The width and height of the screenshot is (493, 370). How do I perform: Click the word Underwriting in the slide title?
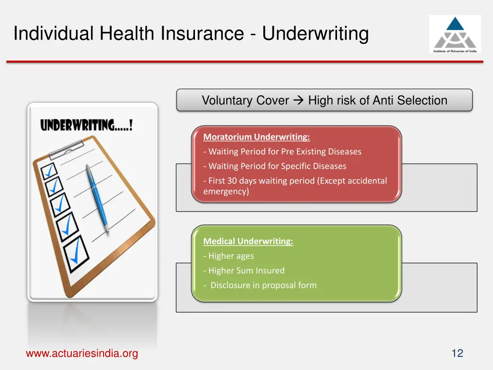pos(315,34)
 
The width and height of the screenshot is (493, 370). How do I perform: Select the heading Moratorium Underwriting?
pos(256,137)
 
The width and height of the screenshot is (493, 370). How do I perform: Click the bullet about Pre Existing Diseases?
pos(282,152)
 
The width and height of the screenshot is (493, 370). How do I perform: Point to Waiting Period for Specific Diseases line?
pos(274,166)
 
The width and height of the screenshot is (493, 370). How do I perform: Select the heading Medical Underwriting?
pos(248,241)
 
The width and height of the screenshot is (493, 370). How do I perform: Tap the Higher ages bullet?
pos(229,256)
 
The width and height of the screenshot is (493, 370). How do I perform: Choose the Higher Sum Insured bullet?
pos(244,270)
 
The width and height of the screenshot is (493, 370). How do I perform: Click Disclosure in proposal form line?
pos(260,285)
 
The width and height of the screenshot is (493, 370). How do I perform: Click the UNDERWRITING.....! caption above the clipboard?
pos(86,126)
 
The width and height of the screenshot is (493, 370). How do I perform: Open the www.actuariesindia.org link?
pos(82,354)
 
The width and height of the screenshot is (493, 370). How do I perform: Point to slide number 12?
pos(457,354)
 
